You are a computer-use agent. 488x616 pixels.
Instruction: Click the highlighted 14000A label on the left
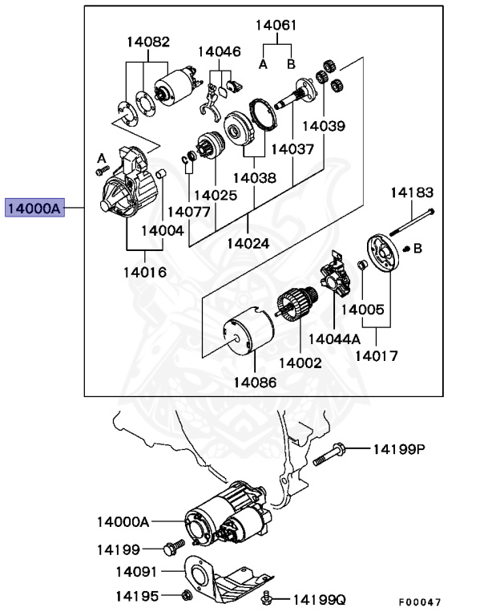click(34, 209)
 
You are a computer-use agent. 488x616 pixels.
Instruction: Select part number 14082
click(147, 41)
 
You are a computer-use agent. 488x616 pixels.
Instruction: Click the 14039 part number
click(324, 126)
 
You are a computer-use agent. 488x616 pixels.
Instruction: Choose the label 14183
click(412, 192)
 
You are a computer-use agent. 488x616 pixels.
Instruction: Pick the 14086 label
click(255, 383)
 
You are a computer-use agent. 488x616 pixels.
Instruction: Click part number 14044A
click(334, 338)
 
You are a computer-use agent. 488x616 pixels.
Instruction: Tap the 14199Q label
click(318, 598)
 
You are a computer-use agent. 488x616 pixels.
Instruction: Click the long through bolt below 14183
click(413, 222)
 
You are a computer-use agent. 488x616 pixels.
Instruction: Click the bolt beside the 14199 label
click(170, 549)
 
